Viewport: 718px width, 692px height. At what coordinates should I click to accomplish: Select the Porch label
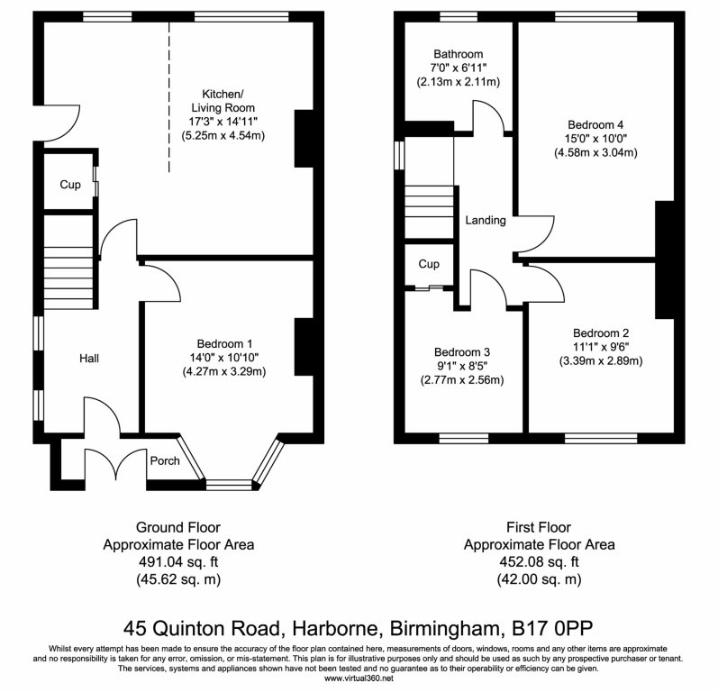coord(165,461)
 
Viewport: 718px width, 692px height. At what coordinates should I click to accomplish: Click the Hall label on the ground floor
coord(89,359)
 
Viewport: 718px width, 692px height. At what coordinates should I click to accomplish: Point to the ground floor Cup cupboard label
coord(70,186)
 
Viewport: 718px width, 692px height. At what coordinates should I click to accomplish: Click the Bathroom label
coord(457,54)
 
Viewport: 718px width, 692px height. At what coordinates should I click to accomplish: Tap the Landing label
coord(485,221)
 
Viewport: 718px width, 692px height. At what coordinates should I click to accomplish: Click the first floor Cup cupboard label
coord(429,264)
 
